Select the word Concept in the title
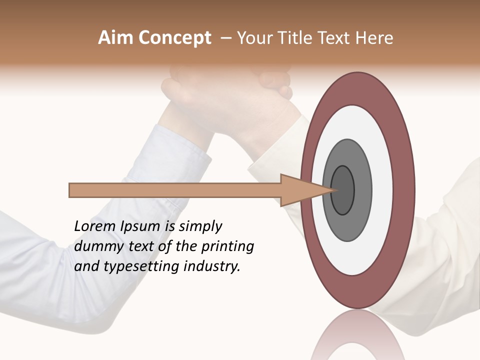click(174, 37)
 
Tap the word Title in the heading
click(297, 37)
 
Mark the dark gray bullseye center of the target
click(342, 189)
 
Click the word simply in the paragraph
click(200, 226)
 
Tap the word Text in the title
click(334, 37)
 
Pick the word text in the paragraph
click(141, 246)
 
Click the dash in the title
click(225, 37)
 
